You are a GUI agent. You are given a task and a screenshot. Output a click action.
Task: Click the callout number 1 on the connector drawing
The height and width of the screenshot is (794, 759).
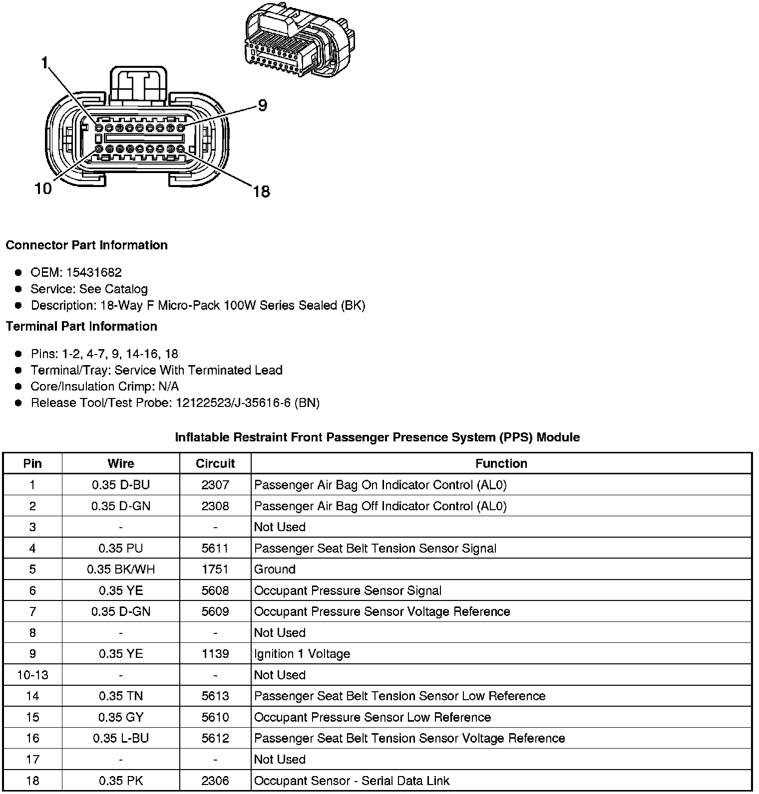coord(45,63)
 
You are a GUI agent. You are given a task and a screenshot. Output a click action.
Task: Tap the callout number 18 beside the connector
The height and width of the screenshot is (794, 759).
coord(261,191)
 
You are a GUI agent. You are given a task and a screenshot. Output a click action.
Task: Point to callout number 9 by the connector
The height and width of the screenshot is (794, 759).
coord(262,105)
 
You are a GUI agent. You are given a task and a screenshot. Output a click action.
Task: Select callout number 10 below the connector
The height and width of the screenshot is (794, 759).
coord(43,189)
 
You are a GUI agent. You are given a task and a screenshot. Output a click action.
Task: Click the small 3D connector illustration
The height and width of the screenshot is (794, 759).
coord(300,41)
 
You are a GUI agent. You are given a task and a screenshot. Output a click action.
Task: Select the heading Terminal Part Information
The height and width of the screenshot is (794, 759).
coord(81,326)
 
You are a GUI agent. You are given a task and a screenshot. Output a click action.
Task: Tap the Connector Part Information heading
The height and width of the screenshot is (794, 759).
coord(86,245)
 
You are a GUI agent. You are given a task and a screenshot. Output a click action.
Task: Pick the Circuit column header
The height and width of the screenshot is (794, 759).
coord(215,463)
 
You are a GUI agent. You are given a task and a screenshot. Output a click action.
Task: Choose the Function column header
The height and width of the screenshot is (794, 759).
coord(501,463)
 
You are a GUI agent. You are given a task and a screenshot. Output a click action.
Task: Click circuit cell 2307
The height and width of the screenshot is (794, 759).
coord(215,485)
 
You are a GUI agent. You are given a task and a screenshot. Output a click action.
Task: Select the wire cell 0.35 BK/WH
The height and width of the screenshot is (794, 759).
coord(121,569)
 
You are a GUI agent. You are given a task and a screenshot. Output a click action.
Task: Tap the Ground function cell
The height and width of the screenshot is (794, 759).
coord(275,569)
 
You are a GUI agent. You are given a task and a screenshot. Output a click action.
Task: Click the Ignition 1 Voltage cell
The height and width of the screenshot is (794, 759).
coord(302,654)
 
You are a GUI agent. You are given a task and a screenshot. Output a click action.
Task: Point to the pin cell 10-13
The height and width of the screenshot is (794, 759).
coord(32,675)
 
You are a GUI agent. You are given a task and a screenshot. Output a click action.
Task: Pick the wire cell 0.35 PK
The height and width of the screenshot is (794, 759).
coord(121,781)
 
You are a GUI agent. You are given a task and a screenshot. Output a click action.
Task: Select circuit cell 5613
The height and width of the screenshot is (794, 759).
coord(215,696)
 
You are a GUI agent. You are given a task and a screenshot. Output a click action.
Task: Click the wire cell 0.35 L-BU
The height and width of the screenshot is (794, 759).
coord(121,738)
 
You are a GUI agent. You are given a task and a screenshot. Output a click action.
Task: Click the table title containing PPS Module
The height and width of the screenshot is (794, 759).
coord(377,437)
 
